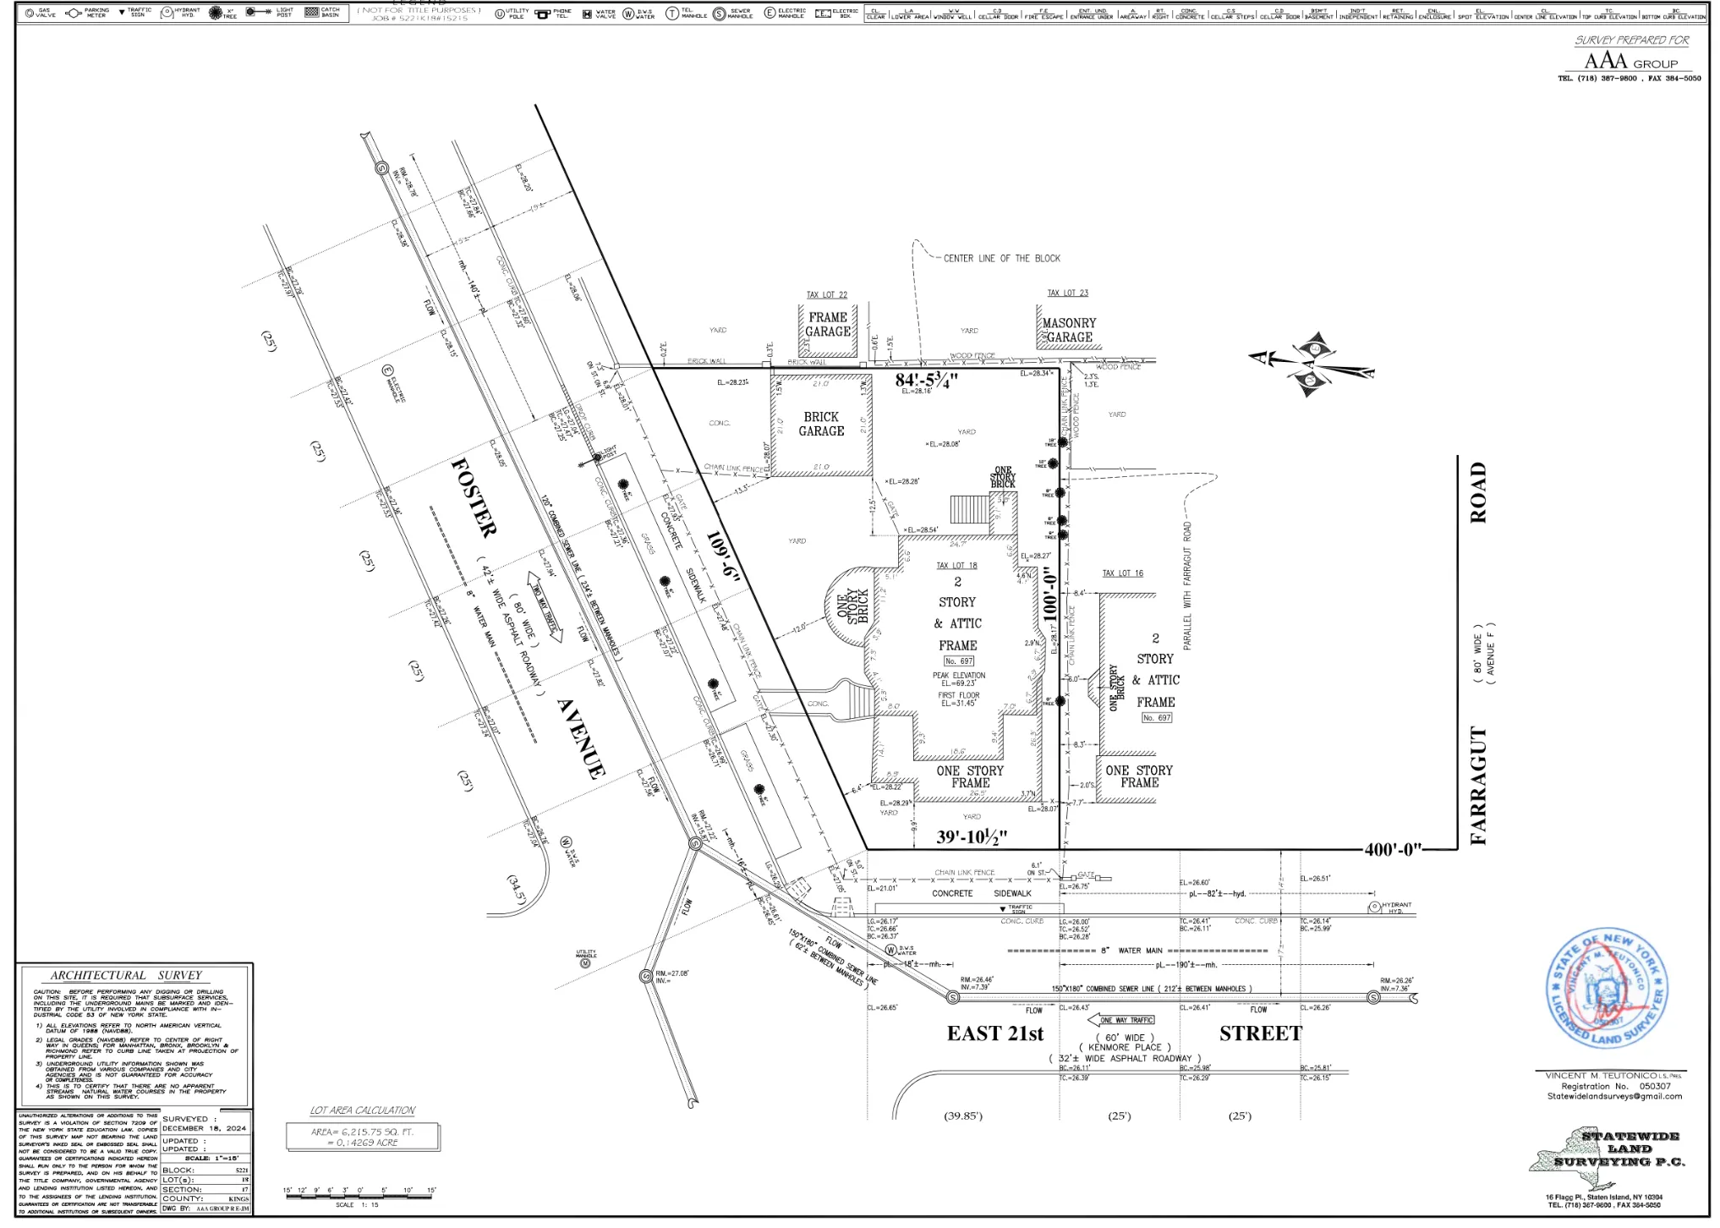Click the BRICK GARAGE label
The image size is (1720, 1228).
821,424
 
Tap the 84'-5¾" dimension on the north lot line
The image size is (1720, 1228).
926,380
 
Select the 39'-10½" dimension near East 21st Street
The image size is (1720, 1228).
972,837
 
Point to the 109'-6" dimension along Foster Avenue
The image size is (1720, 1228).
723,556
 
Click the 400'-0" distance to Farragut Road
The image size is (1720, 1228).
1393,849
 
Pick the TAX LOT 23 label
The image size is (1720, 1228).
1067,293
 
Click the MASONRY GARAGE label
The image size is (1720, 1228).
1069,330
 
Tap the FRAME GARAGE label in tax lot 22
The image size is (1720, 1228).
828,324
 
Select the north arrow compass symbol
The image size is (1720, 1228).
1312,365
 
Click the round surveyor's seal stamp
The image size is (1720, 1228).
1607,989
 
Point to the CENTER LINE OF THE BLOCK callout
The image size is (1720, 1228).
1001,258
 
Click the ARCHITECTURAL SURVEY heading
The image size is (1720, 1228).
125,975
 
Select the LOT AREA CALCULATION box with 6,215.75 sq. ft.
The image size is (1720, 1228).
362,1137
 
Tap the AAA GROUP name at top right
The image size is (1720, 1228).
1630,62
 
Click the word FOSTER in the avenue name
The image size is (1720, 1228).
474,498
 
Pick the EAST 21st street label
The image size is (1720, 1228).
994,1033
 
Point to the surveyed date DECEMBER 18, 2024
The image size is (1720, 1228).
204,1128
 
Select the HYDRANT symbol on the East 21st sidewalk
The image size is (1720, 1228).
1375,907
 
